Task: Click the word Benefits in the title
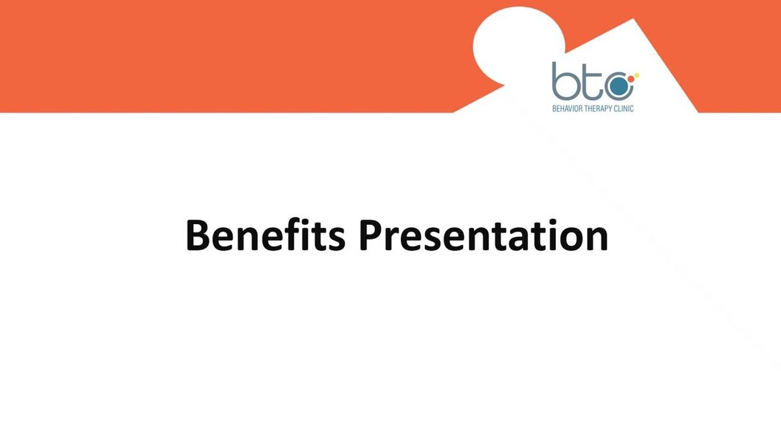point(265,235)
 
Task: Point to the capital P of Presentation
point(372,235)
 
